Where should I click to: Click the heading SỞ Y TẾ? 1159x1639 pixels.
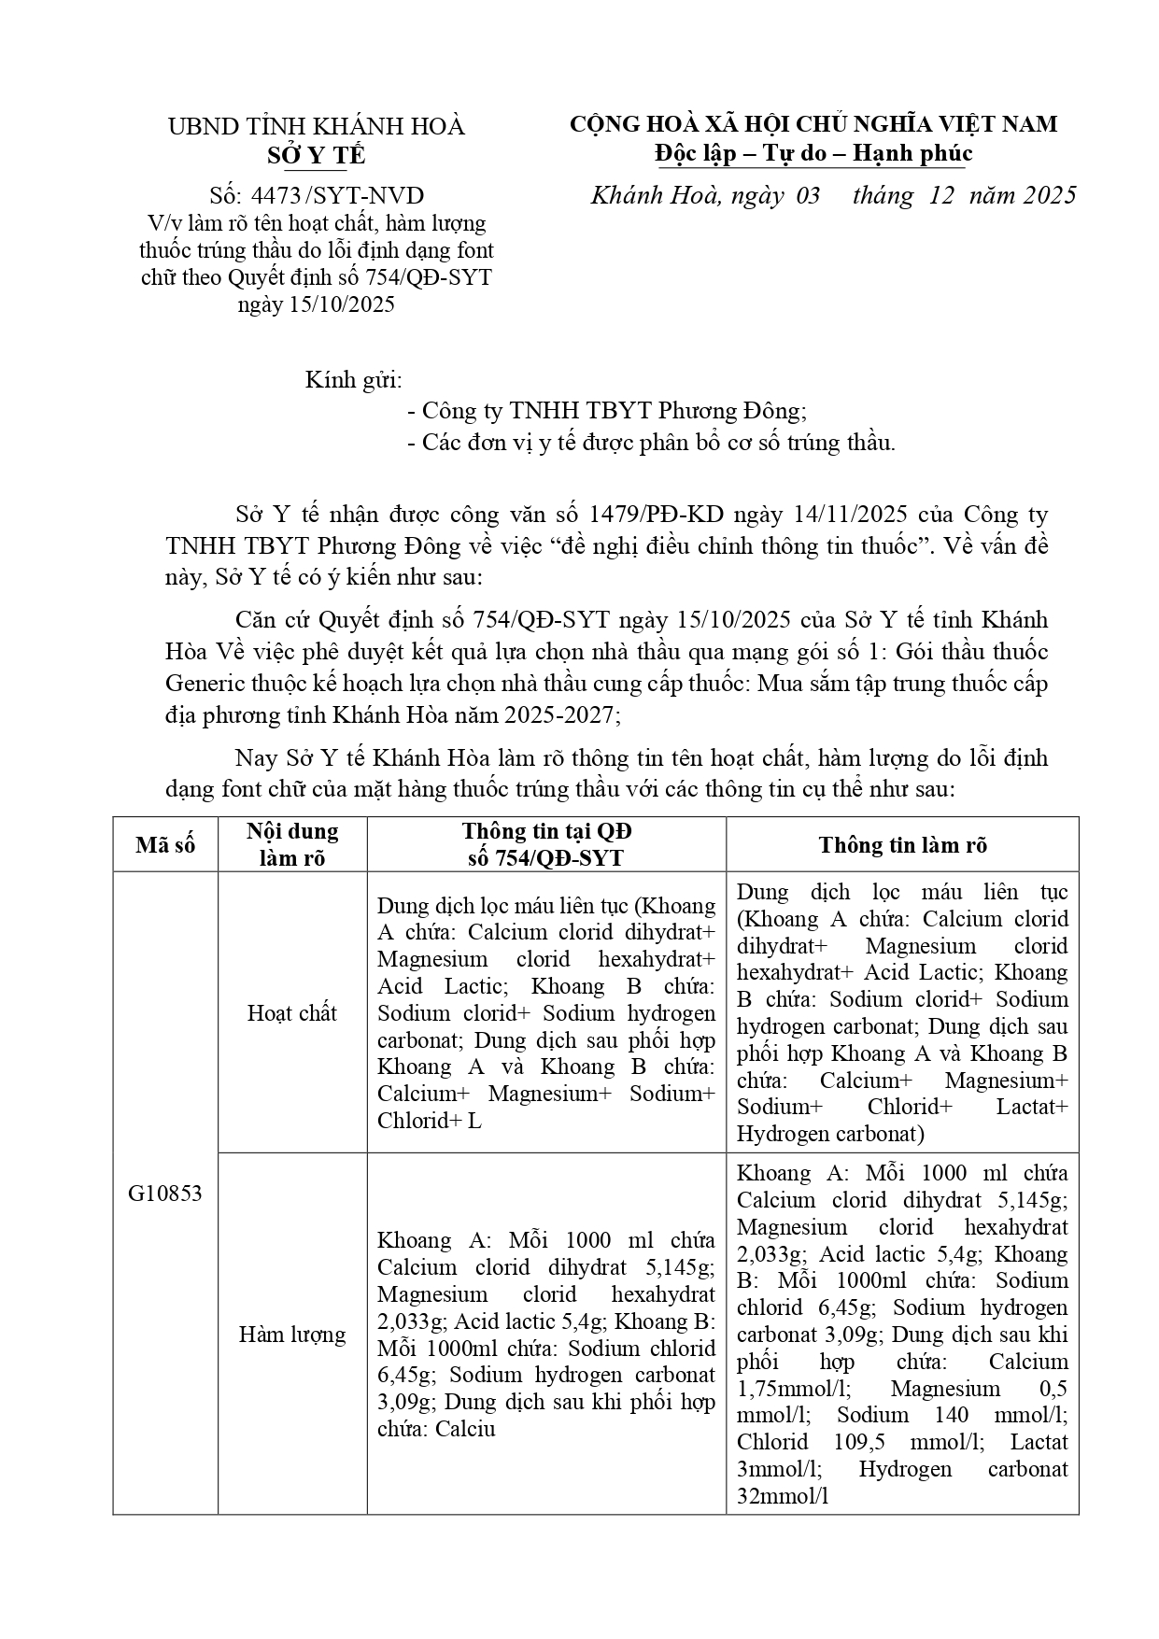point(316,155)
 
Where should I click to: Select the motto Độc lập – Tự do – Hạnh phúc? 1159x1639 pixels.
point(813,153)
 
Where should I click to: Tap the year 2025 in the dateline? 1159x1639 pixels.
point(1049,195)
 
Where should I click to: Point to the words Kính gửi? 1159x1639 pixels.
point(354,381)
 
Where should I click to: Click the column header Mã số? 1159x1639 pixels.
point(165,845)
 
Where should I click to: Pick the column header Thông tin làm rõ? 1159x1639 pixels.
point(902,845)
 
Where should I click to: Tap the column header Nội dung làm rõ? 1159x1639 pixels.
point(292,844)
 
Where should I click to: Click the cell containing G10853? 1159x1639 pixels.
point(165,1194)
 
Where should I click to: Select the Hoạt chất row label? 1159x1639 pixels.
point(292,1013)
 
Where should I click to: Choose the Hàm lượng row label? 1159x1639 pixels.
point(292,1335)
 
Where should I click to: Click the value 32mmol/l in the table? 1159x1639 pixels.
point(783,1496)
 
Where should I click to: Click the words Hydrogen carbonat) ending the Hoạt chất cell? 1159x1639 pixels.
point(829,1135)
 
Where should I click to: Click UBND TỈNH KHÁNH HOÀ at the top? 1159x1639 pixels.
point(316,127)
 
